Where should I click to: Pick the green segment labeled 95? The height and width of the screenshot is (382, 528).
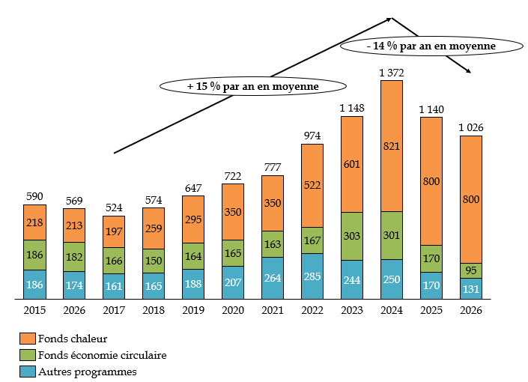pos(471,270)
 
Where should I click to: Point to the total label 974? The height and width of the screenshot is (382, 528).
pos(312,136)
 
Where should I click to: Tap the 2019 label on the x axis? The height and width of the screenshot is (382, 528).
pos(193,310)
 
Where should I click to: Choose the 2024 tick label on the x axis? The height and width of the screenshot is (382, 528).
pos(392,310)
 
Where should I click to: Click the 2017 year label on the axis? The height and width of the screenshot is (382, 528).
pos(114,310)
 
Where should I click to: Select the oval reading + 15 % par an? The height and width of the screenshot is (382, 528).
pos(253,87)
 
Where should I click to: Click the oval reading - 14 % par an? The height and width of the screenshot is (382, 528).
pos(431,46)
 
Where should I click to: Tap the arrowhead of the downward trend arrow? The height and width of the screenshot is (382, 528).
pos(469,72)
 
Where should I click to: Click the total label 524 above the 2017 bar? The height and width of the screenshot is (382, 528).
pos(114,207)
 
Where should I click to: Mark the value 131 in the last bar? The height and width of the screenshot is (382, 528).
pos(471,289)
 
